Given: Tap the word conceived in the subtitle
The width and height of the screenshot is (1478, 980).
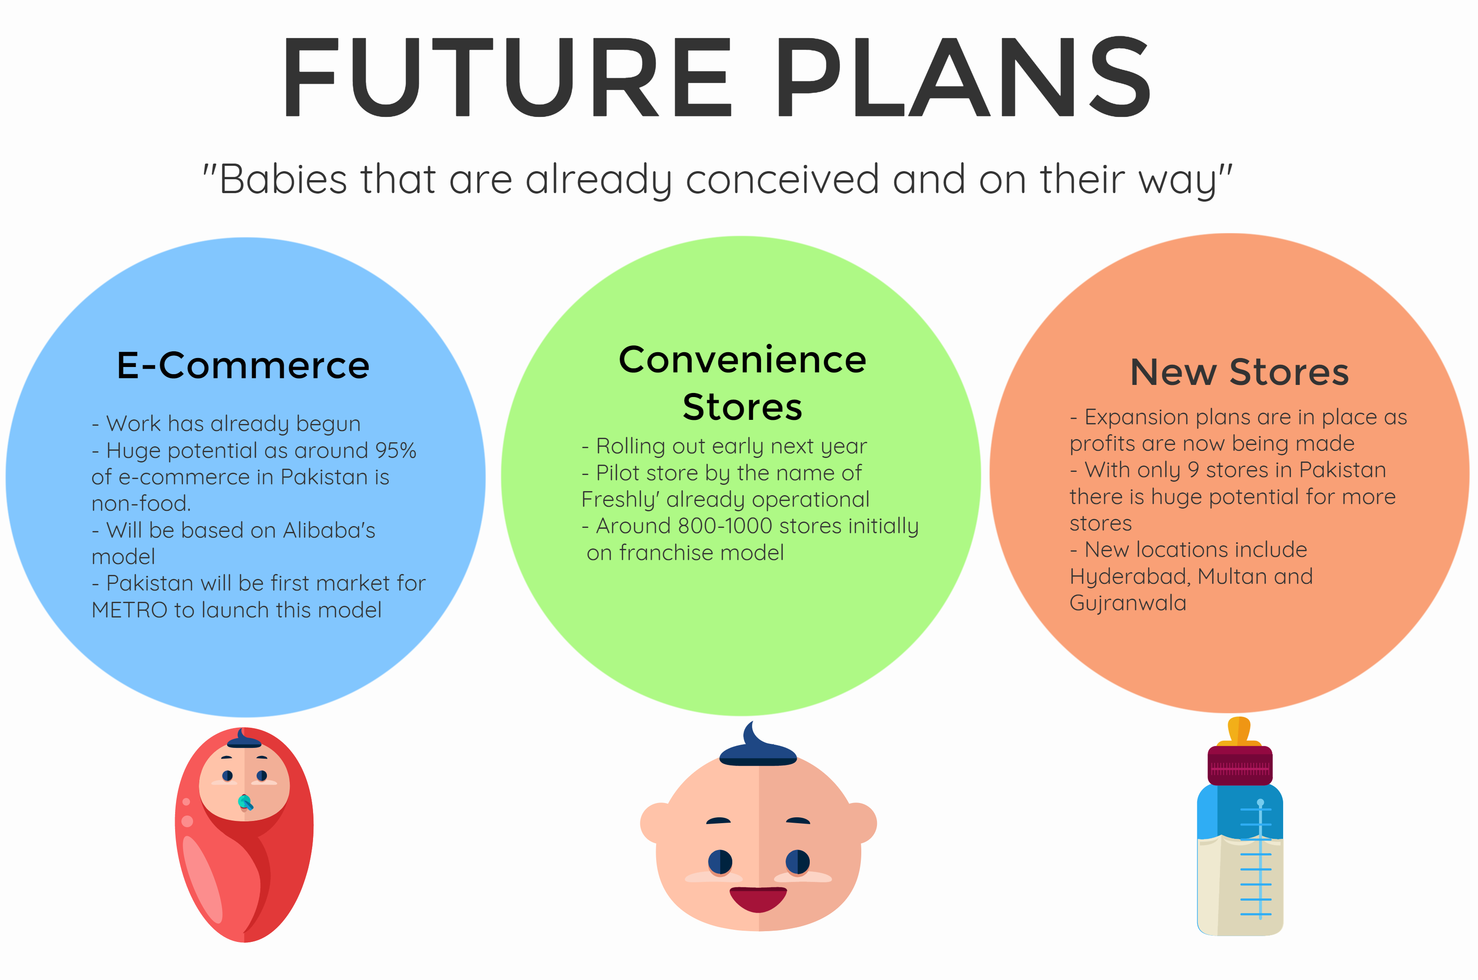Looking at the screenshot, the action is (x=782, y=179).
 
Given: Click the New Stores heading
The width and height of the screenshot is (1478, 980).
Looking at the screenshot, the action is (x=1239, y=372).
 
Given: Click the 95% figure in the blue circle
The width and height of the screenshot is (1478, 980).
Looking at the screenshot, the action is (x=395, y=451).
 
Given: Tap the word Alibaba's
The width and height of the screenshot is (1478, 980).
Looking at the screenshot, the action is (x=329, y=530).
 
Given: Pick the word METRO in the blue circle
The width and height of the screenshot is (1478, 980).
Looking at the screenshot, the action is (x=129, y=610).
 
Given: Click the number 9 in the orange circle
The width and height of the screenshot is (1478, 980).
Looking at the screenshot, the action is (x=1193, y=470).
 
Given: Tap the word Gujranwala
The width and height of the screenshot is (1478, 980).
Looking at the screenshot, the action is (x=1128, y=604).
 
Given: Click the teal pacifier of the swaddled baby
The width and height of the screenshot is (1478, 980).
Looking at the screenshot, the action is (x=245, y=802).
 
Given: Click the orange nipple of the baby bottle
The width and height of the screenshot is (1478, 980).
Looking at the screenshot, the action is (x=1239, y=731).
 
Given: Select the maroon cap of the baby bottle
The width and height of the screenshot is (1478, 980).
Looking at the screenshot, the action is (x=1240, y=765).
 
